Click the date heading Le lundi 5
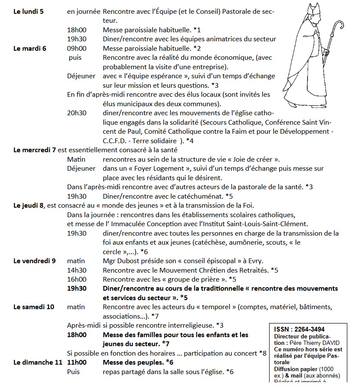[28, 11]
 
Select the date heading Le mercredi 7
[35, 150]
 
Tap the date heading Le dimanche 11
[38, 362]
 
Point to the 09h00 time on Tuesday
[77, 48]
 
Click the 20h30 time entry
[77, 113]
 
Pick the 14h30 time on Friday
[77, 270]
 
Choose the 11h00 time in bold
[77, 362]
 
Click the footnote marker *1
[197, 30]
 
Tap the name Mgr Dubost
[122, 261]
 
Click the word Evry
[255, 261]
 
